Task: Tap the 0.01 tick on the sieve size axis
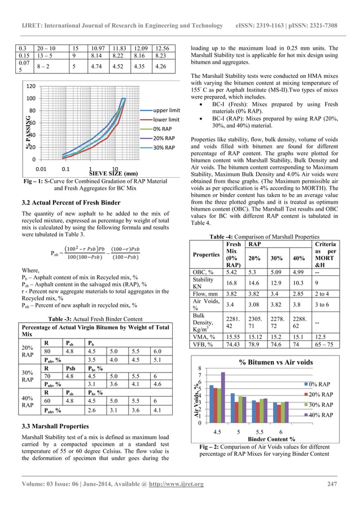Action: click(41, 169)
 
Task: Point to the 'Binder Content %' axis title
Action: click(271, 437)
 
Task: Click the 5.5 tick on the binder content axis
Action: click(260, 431)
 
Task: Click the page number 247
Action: click(331, 483)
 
